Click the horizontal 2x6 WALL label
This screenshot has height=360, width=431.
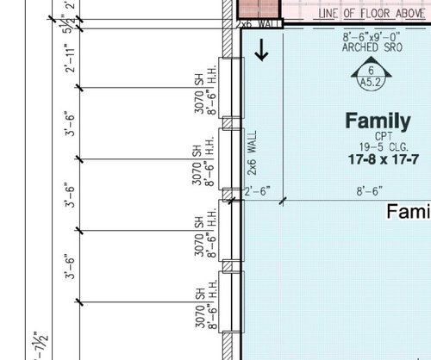pos(259,24)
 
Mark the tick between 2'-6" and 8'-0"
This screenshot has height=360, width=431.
pos(283,200)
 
